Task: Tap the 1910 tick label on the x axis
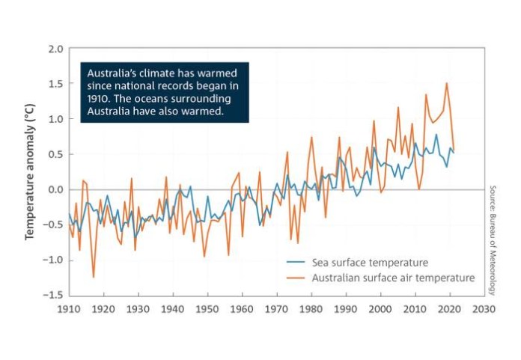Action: coord(68,309)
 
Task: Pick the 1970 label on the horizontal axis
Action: coord(276,309)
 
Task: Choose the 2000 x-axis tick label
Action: coord(380,309)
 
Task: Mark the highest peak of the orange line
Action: coord(447,83)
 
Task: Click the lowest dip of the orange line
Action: coord(94,277)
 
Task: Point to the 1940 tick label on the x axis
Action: coord(172,309)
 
